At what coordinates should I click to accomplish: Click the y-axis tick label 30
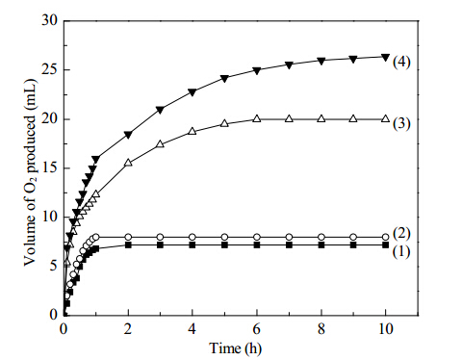pos(50,20)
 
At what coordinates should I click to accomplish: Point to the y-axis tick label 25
pos(50,69)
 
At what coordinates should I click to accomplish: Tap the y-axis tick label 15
pos(50,167)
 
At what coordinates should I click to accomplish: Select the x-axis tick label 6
pos(257,329)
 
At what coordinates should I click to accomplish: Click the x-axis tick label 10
pos(385,329)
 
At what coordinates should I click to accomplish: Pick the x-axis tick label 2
pos(128,329)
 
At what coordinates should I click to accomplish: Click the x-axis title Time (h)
pos(235,348)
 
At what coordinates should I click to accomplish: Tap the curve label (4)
pos(401,62)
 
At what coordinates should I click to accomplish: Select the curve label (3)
pos(401,123)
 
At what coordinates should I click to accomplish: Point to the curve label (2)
pos(401,233)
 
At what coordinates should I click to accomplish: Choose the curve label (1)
pos(401,252)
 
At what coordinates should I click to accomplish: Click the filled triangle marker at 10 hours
pos(385,57)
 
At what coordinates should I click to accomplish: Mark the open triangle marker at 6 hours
pos(257,118)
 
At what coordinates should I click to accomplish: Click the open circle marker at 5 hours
pos(224,237)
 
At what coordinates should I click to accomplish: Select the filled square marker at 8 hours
pos(321,245)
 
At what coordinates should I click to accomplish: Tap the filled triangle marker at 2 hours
pos(128,135)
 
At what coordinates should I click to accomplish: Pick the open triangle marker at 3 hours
pos(160,143)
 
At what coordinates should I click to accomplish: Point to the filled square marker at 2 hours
pos(128,245)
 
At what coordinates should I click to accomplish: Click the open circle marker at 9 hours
pos(353,237)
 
